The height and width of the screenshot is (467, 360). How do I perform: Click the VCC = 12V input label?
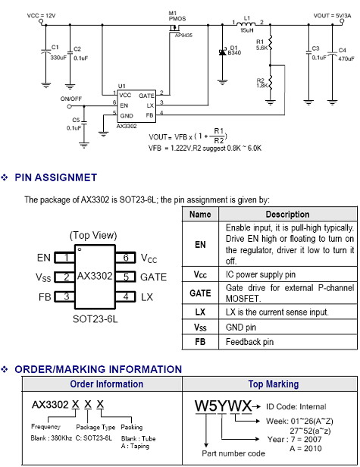(x=41, y=15)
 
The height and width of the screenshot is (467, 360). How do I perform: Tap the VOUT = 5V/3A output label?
(x=332, y=15)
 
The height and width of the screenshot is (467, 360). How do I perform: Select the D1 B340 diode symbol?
(x=222, y=52)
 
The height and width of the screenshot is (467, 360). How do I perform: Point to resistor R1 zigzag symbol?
(x=270, y=43)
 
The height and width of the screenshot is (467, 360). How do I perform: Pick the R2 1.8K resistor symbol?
(x=270, y=83)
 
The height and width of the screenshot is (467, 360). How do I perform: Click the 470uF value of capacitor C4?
(x=346, y=58)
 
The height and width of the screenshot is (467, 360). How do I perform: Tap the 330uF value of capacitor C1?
(x=58, y=57)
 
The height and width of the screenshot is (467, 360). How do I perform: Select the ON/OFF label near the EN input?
(x=71, y=99)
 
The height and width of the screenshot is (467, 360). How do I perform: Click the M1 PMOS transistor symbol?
(x=174, y=29)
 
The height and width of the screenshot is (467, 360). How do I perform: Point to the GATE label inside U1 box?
(x=146, y=96)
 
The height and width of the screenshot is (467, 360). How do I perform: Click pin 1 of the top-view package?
(x=64, y=257)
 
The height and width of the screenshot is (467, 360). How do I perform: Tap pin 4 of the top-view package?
(x=125, y=296)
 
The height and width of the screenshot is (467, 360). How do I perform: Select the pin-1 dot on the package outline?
(x=80, y=249)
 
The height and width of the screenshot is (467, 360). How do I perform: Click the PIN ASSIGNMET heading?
(x=55, y=177)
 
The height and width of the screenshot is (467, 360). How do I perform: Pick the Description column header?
(x=287, y=215)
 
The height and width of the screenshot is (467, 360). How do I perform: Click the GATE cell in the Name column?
(x=200, y=293)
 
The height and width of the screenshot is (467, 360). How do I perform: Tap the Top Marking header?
(x=274, y=384)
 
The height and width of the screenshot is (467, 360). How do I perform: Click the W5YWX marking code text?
(x=224, y=406)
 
